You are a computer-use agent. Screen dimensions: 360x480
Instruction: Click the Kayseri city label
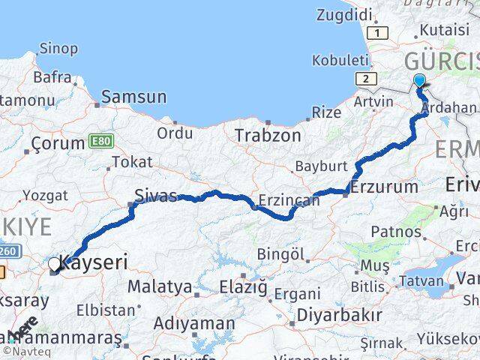pyautogui.click(x=93, y=262)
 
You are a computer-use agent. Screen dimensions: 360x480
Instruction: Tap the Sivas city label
pyautogui.click(x=156, y=196)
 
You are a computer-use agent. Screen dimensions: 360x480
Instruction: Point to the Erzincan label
pyautogui.click(x=289, y=201)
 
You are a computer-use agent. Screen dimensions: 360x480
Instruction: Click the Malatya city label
pyautogui.click(x=160, y=286)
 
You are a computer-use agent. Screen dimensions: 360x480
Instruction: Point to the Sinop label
pyautogui.click(x=57, y=49)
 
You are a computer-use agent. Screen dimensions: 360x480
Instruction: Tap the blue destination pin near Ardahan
pyautogui.click(x=418, y=82)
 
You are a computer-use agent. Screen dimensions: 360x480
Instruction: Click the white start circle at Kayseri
pyautogui.click(x=54, y=264)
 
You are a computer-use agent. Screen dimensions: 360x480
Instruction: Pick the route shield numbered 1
pyautogui.click(x=378, y=33)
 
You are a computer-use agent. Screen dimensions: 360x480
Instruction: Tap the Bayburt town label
pyautogui.click(x=321, y=166)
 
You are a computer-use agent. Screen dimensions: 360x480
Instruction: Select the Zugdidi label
pyautogui.click(x=344, y=14)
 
